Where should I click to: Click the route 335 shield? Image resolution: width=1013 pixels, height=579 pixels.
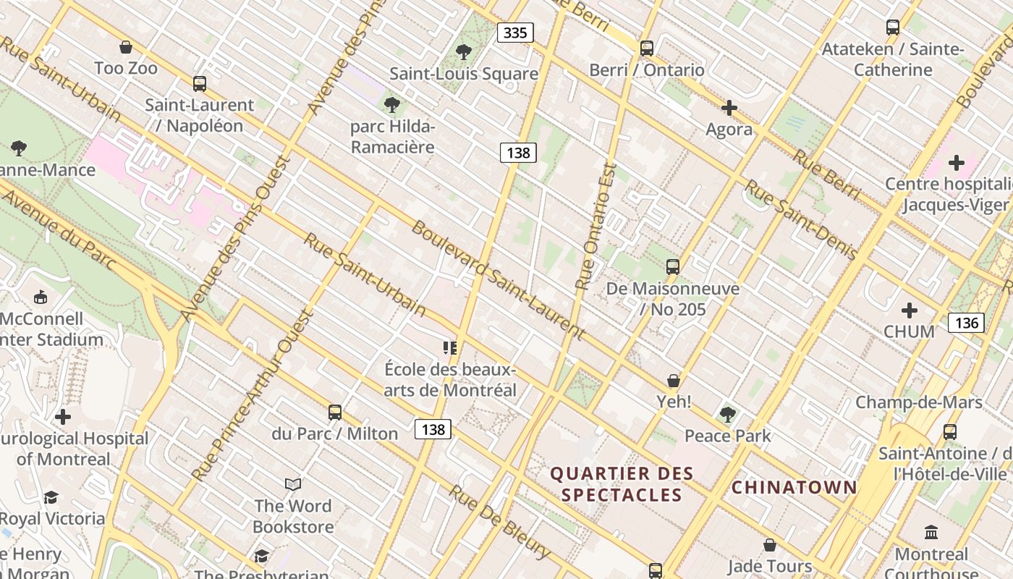515,33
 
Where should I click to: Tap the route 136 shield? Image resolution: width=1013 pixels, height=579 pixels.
966,323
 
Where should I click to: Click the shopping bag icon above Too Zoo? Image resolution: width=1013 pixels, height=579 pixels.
126,48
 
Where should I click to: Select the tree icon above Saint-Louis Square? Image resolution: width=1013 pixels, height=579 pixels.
463,52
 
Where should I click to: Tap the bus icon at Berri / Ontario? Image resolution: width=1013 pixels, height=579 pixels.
646,48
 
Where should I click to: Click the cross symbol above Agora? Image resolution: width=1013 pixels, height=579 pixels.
729,109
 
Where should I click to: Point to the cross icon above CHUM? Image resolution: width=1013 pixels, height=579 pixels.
909,310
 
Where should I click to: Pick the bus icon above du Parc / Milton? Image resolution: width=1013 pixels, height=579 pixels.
334,413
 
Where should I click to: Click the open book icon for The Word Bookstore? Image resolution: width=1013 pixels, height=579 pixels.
293,484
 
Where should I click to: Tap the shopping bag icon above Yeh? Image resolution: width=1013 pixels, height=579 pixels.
674,381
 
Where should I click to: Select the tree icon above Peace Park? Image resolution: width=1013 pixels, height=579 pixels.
727,415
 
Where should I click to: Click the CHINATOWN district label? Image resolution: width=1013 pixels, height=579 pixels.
794,487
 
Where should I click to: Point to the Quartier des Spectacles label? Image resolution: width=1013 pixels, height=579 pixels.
622,484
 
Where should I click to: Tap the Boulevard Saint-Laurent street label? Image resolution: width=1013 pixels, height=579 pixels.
498,280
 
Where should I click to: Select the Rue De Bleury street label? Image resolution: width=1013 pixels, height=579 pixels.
499,521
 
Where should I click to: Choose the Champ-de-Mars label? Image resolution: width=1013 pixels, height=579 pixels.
919,402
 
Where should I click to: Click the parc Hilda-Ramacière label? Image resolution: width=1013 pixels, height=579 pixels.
392,137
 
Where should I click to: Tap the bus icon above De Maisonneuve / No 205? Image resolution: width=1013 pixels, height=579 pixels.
673,267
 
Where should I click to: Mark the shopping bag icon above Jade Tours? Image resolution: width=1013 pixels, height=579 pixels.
770,545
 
